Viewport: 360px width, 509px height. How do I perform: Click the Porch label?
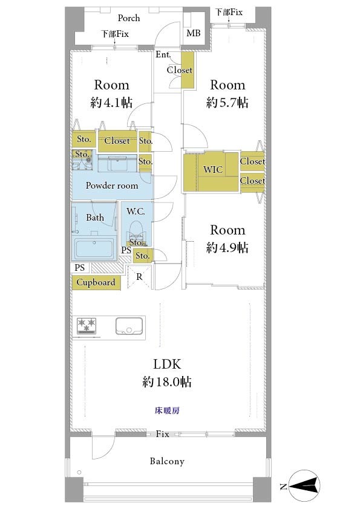(129, 18)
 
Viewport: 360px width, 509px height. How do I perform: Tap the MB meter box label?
(194, 33)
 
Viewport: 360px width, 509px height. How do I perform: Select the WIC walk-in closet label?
(213, 169)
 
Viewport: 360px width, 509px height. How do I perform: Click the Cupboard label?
(96, 282)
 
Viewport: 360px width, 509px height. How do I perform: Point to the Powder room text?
(112, 186)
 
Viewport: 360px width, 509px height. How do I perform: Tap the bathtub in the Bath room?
(94, 249)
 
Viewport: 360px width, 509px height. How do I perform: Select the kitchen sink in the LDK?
(129, 326)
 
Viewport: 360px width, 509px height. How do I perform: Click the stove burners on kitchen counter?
(87, 326)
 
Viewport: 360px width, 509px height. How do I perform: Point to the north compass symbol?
(304, 486)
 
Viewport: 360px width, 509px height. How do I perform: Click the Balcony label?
(167, 461)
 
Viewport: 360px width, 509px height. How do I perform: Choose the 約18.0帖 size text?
(166, 381)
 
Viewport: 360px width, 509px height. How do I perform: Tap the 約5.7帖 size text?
(227, 103)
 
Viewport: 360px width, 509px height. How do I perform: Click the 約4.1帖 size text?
(111, 103)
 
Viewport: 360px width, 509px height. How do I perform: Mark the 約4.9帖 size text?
(227, 248)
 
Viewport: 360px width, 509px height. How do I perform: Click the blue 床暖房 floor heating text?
(167, 410)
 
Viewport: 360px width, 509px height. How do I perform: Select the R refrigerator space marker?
(139, 277)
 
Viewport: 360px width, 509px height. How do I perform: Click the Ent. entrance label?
(163, 54)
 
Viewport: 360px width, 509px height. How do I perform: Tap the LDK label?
(167, 365)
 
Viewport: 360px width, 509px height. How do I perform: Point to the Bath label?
(95, 217)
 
